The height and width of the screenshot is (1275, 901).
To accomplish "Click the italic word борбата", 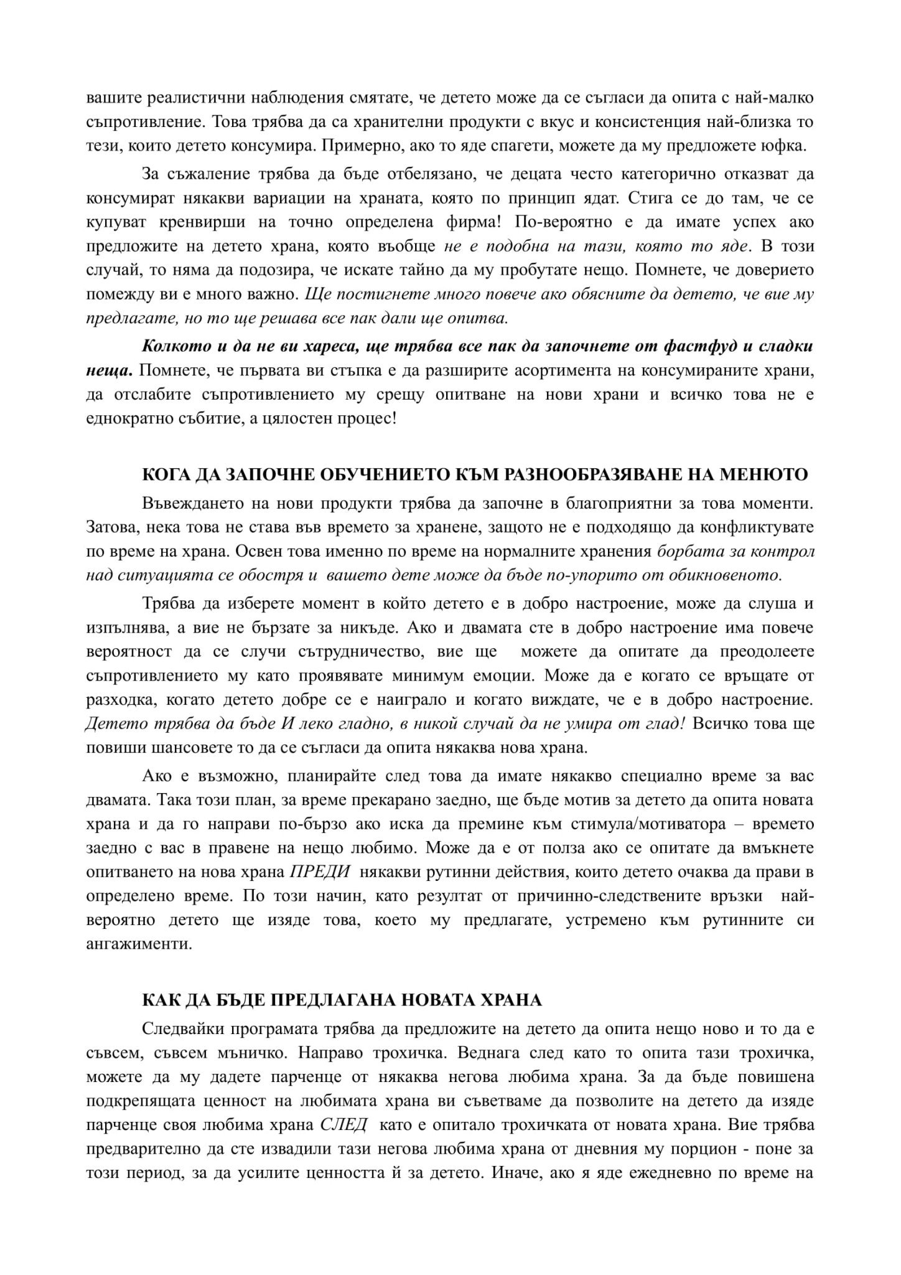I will click(x=684, y=552).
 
